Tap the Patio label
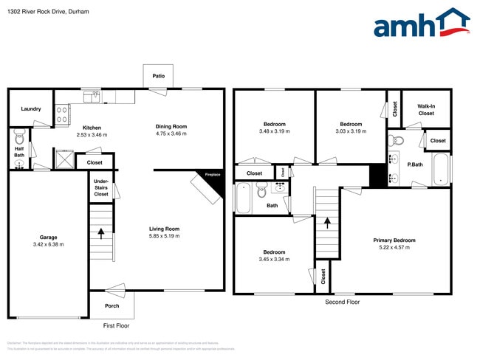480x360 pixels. coord(158,76)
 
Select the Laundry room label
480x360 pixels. coord(31,109)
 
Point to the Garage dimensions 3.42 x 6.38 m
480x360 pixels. coord(47,244)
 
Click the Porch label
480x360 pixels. coord(112,305)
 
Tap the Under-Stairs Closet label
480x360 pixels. coord(101,188)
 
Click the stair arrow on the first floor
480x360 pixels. coord(101,233)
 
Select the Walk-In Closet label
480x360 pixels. coord(426,110)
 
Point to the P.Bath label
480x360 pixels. coord(415,165)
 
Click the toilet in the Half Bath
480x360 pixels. coord(20,137)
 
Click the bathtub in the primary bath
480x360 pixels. coord(441,169)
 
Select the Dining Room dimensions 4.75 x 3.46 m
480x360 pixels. coord(171,134)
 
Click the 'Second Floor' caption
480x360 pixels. coord(343,302)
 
